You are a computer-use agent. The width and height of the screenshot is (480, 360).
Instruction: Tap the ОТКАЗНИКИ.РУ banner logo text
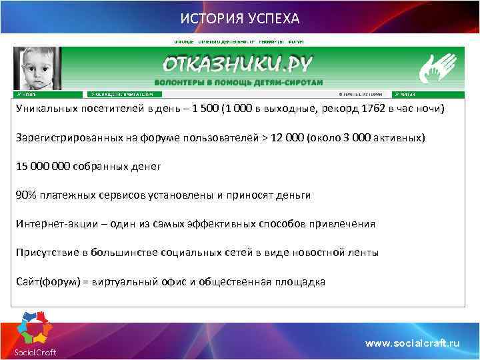[x=238, y=65]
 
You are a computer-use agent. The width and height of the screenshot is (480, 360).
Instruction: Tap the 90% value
[x=27, y=195]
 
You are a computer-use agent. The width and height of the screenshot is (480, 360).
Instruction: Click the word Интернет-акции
[x=57, y=223]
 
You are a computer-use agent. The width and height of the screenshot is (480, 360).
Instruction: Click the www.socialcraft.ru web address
[x=413, y=343]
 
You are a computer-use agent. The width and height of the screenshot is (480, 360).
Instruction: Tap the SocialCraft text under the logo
[x=35, y=353]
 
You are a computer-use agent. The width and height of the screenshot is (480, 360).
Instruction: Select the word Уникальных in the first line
[x=47, y=109]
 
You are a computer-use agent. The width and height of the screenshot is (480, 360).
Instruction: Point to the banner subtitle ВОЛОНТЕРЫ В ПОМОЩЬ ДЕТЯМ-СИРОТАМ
[x=238, y=82]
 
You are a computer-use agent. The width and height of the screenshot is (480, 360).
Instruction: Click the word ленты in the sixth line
[x=365, y=252]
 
